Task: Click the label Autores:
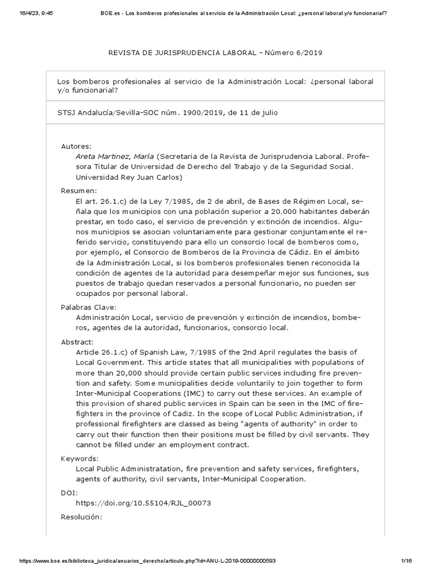[76, 146]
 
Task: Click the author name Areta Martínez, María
[115, 157]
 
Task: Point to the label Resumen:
[79, 191]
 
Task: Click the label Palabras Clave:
[88, 307]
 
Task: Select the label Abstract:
[77, 341]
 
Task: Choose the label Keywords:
[80, 458]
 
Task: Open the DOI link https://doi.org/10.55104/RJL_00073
[143, 503]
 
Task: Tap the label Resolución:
[81, 517]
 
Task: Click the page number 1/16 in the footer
[407, 561]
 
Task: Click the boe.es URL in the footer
[146, 561]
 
